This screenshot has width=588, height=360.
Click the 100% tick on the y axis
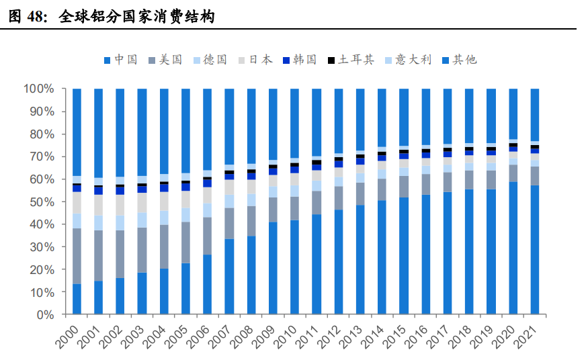pyautogui.click(x=38, y=89)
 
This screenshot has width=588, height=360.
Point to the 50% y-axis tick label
pyautogui.click(x=41, y=201)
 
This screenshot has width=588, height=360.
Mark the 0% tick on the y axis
pyautogui.click(x=44, y=314)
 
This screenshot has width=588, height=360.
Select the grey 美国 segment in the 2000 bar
pyautogui.click(x=77, y=256)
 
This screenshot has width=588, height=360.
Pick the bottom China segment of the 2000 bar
pyautogui.click(x=77, y=299)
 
